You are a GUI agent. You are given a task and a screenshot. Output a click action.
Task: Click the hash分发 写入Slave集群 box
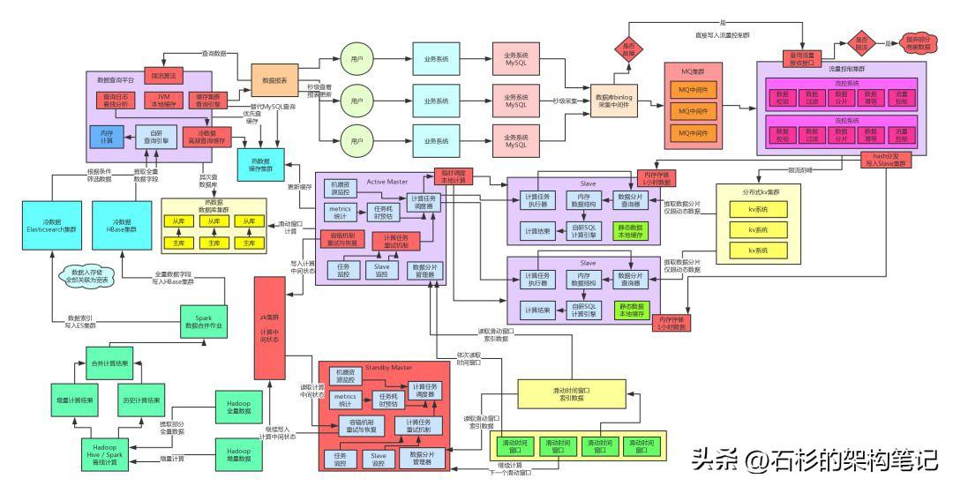tap(890, 160)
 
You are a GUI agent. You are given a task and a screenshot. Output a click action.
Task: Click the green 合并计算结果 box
tap(110, 363)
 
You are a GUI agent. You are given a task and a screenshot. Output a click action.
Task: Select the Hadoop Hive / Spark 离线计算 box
tap(109, 454)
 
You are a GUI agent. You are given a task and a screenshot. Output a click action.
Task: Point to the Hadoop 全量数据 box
tap(233, 407)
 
